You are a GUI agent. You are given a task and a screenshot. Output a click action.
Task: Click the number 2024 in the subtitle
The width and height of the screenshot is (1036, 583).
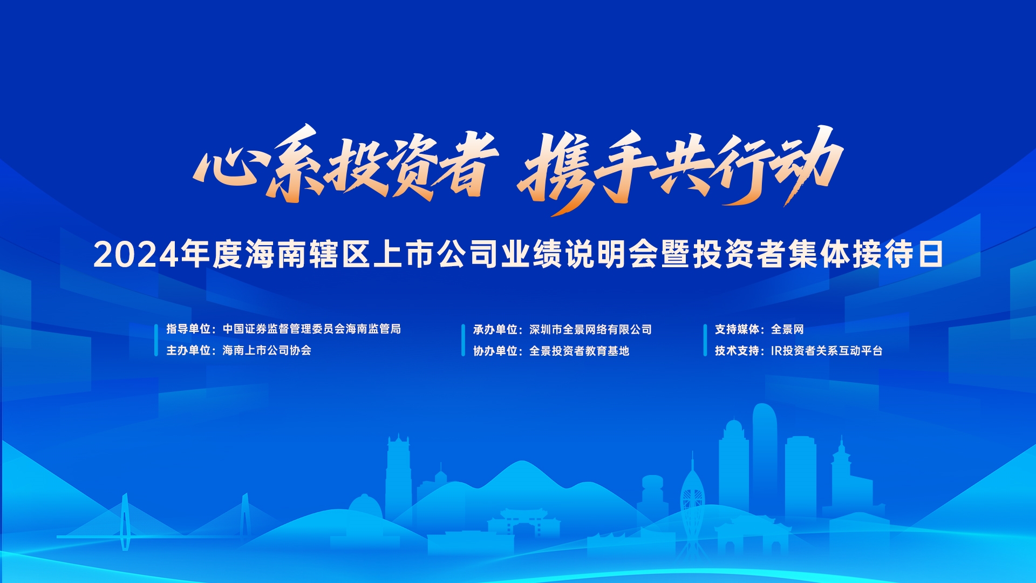tap(136, 255)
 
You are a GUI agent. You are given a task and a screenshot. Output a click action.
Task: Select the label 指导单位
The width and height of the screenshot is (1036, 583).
tap(188, 329)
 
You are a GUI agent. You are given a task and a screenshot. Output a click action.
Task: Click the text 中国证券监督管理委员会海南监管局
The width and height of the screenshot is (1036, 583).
tap(312, 329)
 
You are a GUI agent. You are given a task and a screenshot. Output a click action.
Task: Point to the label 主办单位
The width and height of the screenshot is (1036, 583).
tap(188, 350)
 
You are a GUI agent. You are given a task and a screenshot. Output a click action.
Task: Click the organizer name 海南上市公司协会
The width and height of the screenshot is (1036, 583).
tap(267, 350)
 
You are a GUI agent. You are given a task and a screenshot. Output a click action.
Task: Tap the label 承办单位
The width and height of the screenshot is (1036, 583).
tap(495, 329)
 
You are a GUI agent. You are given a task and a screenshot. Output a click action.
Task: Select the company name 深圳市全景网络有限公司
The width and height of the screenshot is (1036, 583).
tap(591, 329)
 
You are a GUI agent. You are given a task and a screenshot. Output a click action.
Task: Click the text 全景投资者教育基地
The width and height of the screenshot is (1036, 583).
tap(580, 351)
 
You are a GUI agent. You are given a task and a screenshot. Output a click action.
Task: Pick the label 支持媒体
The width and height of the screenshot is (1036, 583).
tap(737, 329)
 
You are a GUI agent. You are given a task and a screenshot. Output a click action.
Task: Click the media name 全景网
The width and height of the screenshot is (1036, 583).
tap(788, 329)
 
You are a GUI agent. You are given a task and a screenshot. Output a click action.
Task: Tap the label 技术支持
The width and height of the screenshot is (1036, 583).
tap(737, 351)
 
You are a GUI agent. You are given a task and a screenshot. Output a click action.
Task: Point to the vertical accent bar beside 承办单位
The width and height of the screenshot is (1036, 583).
tap(463, 340)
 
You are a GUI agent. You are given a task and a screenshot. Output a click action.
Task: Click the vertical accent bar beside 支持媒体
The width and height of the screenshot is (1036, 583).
tap(705, 340)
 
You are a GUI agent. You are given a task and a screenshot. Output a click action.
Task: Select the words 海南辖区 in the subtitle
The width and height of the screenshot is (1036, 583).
tap(308, 255)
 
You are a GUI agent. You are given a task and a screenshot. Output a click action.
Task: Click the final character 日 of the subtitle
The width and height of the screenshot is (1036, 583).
tap(930, 255)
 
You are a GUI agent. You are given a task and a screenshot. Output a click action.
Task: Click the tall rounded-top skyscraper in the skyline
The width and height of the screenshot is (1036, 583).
tap(765, 459)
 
